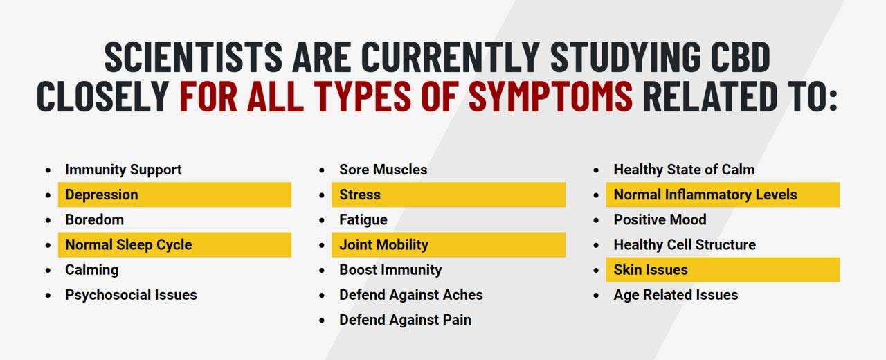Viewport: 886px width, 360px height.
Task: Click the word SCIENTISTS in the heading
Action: pyautogui.click(x=193, y=57)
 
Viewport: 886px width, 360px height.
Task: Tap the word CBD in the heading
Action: pyautogui.click(x=741, y=57)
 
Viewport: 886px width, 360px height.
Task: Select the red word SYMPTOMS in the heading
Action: pyautogui.click(x=550, y=96)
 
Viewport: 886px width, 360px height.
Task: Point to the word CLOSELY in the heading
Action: pyautogui.click(x=103, y=96)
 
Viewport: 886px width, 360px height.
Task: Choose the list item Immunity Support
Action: pyautogui.click(x=123, y=170)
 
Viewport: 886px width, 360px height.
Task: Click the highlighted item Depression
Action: pyautogui.click(x=102, y=195)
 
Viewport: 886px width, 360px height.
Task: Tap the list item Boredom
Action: pyautogui.click(x=95, y=219)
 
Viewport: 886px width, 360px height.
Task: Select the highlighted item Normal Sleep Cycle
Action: pyautogui.click(x=129, y=245)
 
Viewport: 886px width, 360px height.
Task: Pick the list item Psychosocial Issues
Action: pyautogui.click(x=131, y=295)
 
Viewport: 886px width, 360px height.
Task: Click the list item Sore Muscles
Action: pyautogui.click(x=383, y=170)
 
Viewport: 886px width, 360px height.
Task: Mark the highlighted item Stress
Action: pyautogui.click(x=360, y=195)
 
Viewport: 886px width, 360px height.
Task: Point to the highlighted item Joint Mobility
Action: pyautogui.click(x=383, y=245)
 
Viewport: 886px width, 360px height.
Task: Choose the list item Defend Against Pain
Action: pyautogui.click(x=405, y=320)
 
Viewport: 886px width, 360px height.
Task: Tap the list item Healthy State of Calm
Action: pyautogui.click(x=685, y=170)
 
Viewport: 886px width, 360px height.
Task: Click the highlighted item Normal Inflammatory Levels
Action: pyautogui.click(x=705, y=195)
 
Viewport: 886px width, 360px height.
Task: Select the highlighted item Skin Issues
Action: pyautogui.click(x=651, y=270)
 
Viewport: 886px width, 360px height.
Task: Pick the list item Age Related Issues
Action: pyautogui.click(x=676, y=295)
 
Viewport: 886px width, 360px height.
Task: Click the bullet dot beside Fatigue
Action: pyautogui.click(x=322, y=220)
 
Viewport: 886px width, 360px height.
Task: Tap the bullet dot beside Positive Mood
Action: pyautogui.click(x=596, y=220)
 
